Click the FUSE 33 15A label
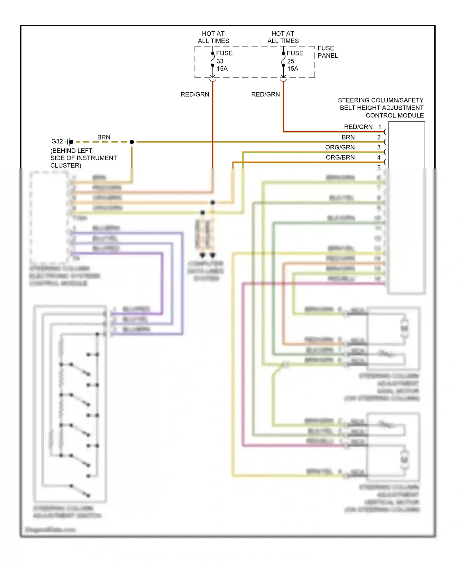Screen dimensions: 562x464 click(x=224, y=61)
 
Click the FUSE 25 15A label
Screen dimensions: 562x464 click(x=294, y=61)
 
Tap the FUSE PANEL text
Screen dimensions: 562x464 click(x=328, y=52)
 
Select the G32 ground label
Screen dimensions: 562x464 click(x=57, y=141)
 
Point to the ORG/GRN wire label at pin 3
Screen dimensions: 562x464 click(x=340, y=147)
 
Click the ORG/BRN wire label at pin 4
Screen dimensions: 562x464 click(x=340, y=157)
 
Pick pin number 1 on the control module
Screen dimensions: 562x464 click(x=380, y=127)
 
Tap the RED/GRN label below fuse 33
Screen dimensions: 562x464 click(x=195, y=94)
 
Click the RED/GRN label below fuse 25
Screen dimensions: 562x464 click(x=265, y=94)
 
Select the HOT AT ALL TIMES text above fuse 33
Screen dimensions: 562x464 click(x=213, y=37)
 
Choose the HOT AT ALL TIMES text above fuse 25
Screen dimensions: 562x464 click(x=283, y=37)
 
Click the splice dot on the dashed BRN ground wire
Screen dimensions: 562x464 click(x=132, y=142)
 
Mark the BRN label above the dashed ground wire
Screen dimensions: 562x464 click(x=104, y=137)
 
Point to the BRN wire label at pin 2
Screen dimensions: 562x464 click(x=348, y=137)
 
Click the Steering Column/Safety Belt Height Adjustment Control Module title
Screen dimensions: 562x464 click(x=381, y=108)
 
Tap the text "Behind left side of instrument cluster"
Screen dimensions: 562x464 click(x=84, y=158)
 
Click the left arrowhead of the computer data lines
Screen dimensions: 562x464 click(x=202, y=255)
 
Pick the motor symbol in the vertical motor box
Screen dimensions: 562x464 click(x=404, y=460)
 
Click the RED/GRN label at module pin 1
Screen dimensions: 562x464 click(x=358, y=127)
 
